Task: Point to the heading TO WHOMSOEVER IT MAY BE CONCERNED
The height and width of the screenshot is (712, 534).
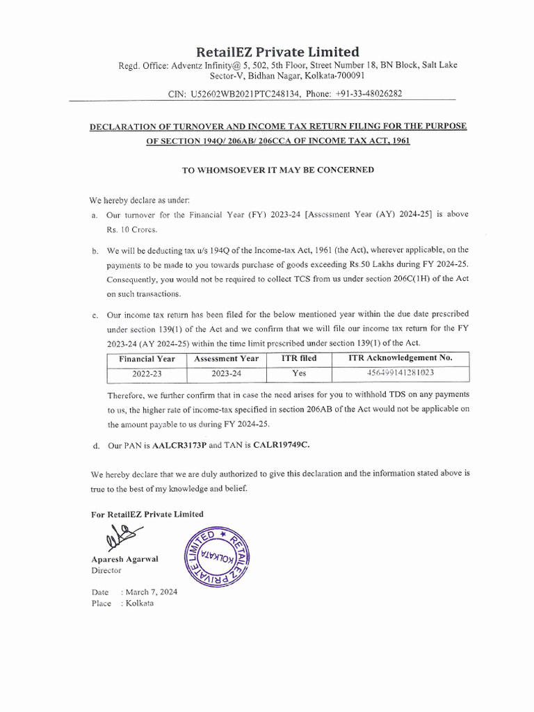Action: tap(278, 170)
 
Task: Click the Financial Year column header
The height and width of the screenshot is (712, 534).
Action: tap(147, 359)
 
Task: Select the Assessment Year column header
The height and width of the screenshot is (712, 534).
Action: tap(226, 359)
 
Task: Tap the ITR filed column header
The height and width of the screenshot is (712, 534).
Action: tap(298, 359)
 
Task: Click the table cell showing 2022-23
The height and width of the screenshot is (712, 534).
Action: tap(147, 373)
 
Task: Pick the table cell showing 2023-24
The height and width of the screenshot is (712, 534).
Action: tap(226, 373)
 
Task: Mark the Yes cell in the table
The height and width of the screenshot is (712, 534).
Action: tap(298, 373)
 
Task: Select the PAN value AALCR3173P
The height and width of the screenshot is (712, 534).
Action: tap(180, 444)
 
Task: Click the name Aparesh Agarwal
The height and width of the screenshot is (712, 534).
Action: tap(124, 559)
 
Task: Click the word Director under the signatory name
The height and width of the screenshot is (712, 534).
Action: tap(106, 570)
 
